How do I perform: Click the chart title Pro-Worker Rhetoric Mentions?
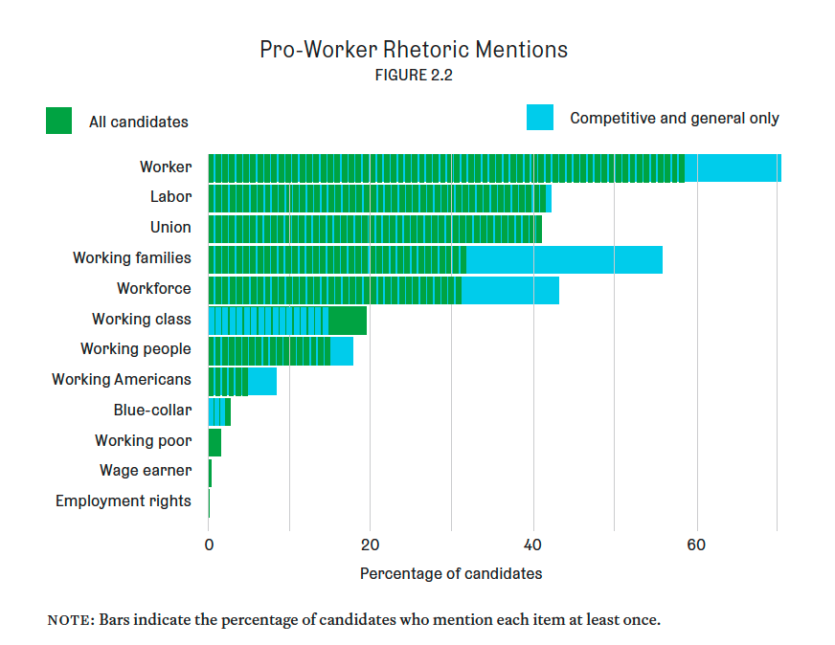pyautogui.click(x=414, y=50)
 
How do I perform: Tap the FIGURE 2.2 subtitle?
pyautogui.click(x=414, y=77)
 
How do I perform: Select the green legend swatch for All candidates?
pyautogui.click(x=58, y=121)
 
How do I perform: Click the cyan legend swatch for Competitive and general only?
pyautogui.click(x=539, y=117)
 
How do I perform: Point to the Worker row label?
pyautogui.click(x=166, y=167)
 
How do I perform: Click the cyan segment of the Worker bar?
pyautogui.click(x=733, y=167)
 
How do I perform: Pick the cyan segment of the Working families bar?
pyautogui.click(x=564, y=259)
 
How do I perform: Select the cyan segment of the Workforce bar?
pyautogui.click(x=509, y=290)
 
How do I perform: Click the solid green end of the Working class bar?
pyautogui.click(x=348, y=321)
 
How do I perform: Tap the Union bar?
pyautogui.click(x=374, y=229)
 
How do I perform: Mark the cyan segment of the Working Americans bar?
pyautogui.click(x=262, y=381)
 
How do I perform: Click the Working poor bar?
pyautogui.click(x=214, y=442)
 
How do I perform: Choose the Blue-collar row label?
pyautogui.click(x=152, y=411)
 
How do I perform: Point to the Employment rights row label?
pyautogui.click(x=124, y=501)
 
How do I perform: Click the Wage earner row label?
pyautogui.click(x=146, y=471)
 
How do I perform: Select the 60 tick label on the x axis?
pyautogui.click(x=696, y=545)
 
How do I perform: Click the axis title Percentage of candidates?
pyautogui.click(x=451, y=573)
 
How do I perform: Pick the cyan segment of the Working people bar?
pyautogui.click(x=342, y=351)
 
